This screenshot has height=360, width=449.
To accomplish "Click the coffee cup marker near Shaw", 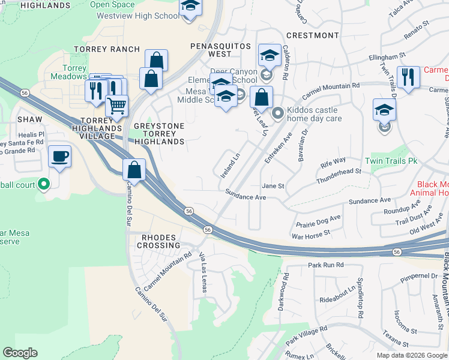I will pos(59,157).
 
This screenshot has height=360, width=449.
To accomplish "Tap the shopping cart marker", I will pos(116,106).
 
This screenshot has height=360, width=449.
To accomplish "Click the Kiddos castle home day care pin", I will pos(278,113).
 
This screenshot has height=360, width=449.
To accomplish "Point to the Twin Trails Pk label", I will pos(391,161).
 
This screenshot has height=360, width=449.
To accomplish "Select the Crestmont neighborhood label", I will pos(313,35).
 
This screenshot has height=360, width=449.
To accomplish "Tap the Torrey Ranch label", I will pos(106,49).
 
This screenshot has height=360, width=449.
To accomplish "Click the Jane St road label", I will pos(273,186).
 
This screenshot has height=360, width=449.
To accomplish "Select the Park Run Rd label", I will pos(325,265).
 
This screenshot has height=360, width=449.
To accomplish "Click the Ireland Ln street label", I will pos(231,164).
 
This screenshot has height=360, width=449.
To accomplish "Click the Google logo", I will pos(20,353).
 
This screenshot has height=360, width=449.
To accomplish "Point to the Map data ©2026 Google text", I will pos(411,355).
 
